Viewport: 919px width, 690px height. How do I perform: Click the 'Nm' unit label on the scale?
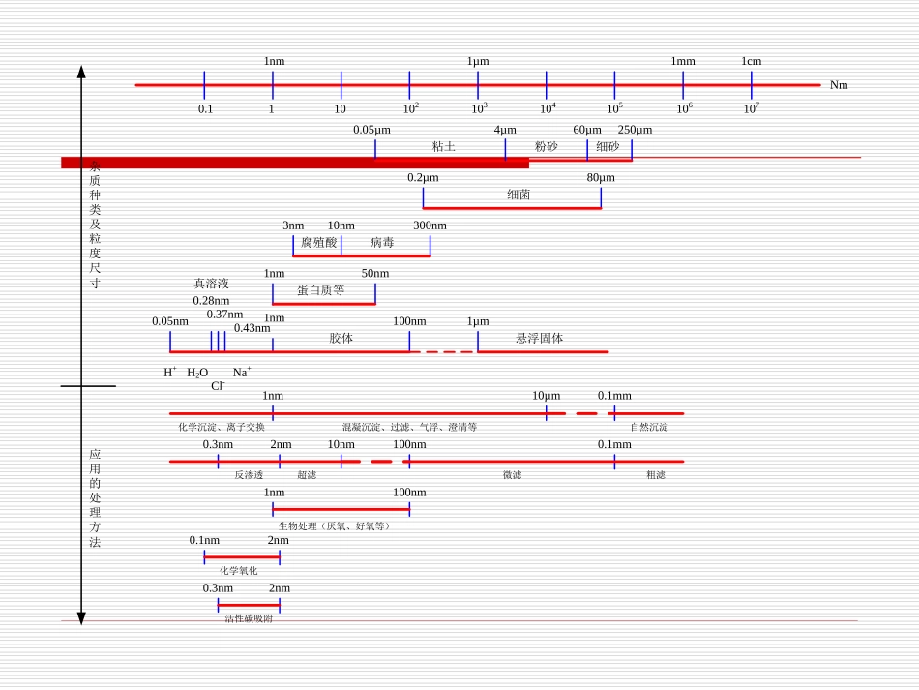(839, 85)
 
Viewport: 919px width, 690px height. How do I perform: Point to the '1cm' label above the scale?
(752, 61)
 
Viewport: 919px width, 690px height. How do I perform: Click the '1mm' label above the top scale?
(683, 61)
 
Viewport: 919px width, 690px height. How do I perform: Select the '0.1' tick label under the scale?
(205, 109)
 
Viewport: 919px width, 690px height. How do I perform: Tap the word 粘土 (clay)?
(443, 147)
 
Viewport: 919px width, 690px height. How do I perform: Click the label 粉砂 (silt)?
(546, 147)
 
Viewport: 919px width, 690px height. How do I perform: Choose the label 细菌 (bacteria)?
(519, 195)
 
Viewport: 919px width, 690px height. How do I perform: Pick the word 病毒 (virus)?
(382, 243)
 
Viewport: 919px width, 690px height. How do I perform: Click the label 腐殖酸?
(318, 243)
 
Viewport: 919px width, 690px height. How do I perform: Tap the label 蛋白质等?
(321, 290)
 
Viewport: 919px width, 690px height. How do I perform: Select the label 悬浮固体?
(539, 339)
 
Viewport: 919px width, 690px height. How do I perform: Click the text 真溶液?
(211, 284)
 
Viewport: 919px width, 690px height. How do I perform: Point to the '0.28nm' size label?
(211, 301)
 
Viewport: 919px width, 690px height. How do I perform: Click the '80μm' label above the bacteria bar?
(601, 178)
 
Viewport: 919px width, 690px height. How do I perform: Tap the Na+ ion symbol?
(241, 373)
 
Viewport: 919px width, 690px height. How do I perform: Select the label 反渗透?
(249, 475)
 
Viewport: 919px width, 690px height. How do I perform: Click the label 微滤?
(512, 475)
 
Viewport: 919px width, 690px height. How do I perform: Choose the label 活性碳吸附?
(249, 618)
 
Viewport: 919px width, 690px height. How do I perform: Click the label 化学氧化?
(239, 571)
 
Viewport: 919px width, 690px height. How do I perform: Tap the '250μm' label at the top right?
(635, 130)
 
